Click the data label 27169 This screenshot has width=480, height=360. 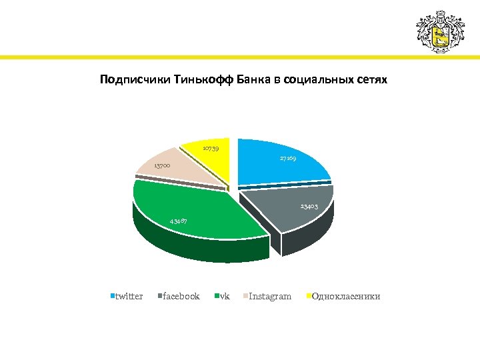289,159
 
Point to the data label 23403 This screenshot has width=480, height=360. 308,207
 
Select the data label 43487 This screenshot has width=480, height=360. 178,221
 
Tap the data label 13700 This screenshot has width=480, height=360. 162,165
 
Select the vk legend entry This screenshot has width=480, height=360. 224,296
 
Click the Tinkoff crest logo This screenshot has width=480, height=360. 439,31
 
